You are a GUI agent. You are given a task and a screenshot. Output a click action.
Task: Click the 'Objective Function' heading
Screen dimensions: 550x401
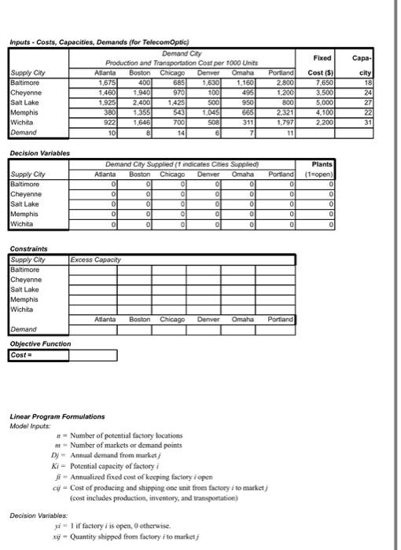(39, 344)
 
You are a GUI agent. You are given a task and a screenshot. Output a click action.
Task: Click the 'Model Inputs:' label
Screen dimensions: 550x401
(31, 424)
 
